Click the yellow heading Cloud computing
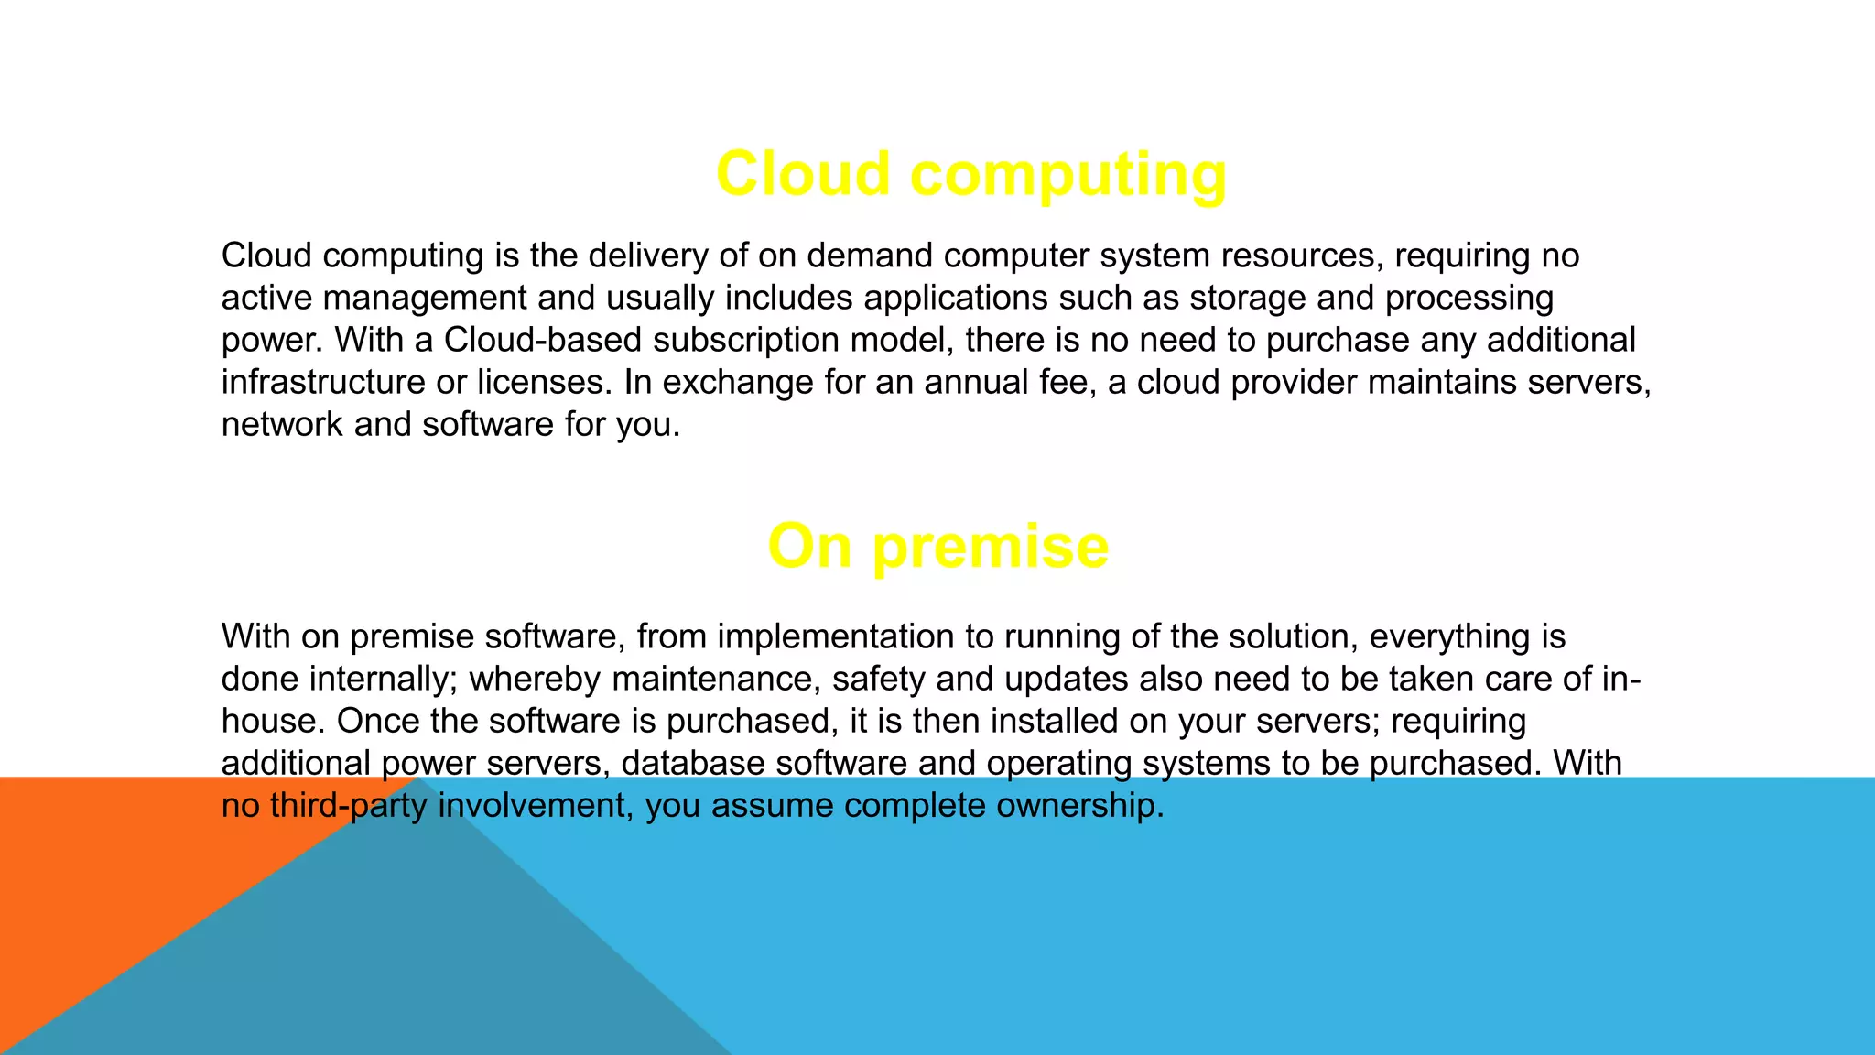[x=970, y=174]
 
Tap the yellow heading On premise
[x=937, y=546]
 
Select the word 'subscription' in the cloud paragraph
[x=746, y=340]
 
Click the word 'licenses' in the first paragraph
[x=544, y=382]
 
